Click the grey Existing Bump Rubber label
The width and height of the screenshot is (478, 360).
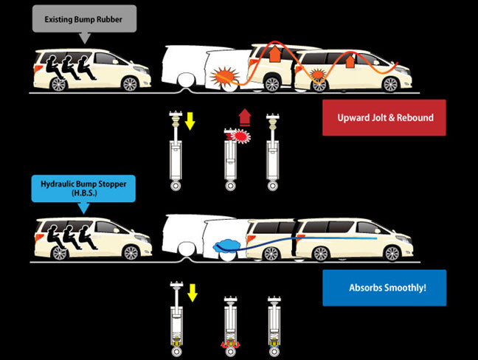84,18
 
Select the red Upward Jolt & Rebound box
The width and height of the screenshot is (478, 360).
384,118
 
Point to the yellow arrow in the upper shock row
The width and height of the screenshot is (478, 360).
190,120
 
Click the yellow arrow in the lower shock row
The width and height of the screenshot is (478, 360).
193,293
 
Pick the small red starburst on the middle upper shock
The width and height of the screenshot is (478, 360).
239,136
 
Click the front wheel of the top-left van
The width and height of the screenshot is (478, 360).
130,83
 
